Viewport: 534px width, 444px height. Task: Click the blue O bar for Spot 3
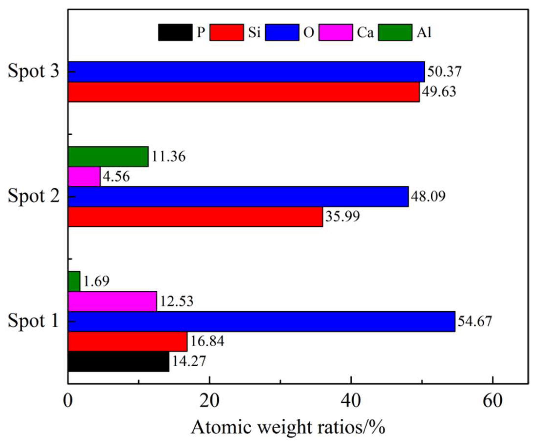(246, 72)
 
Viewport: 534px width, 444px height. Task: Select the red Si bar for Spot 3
(244, 92)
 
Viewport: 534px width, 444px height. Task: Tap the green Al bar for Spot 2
(108, 156)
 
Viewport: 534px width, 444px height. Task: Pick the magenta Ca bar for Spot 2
(84, 176)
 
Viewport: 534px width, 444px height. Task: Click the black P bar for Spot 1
(118, 361)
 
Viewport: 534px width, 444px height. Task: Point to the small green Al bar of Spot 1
(74, 281)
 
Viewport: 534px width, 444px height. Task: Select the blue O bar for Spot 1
(261, 321)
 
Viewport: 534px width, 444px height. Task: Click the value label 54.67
(475, 321)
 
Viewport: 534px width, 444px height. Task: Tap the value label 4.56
(116, 176)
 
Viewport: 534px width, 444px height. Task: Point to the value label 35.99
(343, 216)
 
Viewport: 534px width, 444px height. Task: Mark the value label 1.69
(96, 281)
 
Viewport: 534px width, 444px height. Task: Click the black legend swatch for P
(175, 32)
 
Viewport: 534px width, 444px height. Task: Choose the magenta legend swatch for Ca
(336, 32)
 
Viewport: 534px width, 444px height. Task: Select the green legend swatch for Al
(395, 32)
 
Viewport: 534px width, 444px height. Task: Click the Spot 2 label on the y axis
(34, 196)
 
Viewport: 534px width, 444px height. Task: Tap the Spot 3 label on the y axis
(34, 71)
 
